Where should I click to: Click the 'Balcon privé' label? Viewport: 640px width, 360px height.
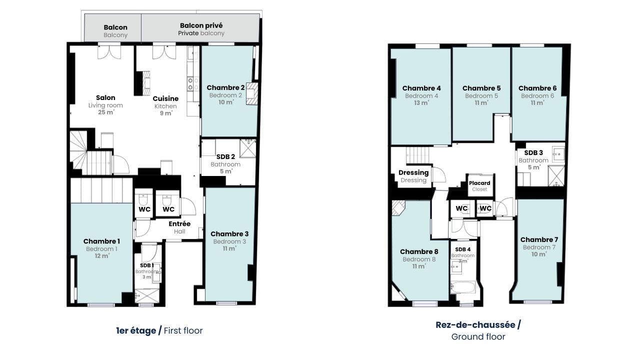point(201,25)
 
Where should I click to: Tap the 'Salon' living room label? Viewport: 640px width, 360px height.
point(105,97)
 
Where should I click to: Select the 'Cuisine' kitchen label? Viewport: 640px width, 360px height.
point(165,98)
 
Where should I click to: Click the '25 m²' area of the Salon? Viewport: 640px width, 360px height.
point(106,112)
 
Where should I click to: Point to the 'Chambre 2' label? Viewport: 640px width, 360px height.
point(225,87)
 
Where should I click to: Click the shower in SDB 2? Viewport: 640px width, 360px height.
point(247,148)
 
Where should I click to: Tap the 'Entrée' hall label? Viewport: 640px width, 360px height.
point(179,223)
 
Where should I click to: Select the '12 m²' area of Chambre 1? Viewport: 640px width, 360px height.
point(102,255)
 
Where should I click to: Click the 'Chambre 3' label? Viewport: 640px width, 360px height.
point(229,234)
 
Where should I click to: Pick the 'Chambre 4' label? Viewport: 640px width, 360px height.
point(421,88)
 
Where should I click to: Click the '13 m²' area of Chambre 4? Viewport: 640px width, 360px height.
point(421,103)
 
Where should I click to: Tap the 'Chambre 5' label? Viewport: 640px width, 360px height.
point(481,88)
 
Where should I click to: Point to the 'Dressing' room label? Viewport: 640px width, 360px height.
point(413,172)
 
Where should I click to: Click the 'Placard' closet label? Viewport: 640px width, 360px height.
point(479,183)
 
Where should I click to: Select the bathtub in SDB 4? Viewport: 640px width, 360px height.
point(463,287)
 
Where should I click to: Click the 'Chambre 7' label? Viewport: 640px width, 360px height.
point(539,239)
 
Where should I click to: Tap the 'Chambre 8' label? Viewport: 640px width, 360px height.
point(419,251)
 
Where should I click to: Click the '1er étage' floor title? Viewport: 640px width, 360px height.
point(136,330)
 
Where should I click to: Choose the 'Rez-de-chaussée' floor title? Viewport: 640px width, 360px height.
point(475,325)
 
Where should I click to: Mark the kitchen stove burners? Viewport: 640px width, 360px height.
point(193,84)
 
